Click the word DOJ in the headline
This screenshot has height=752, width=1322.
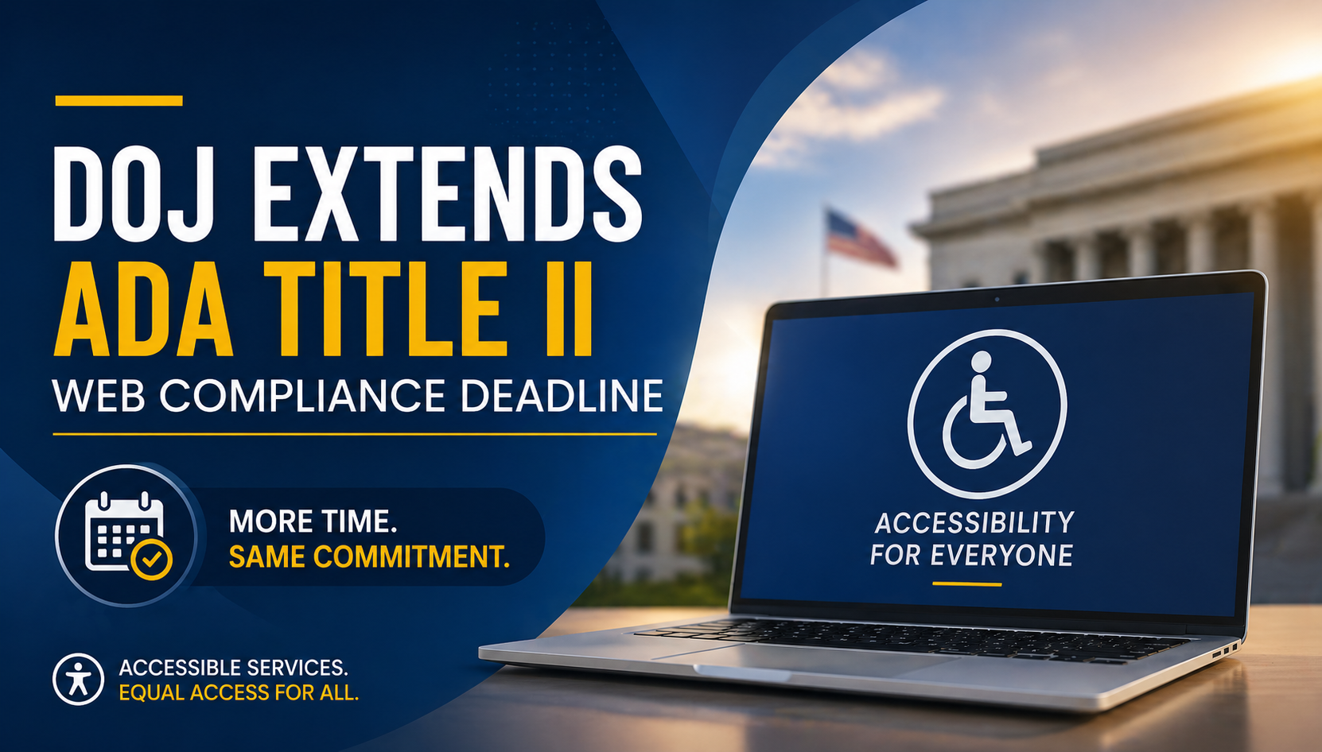134,193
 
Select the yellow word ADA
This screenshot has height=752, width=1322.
143,308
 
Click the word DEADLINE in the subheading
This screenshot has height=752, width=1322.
562,396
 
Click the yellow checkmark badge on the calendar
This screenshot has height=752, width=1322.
152,559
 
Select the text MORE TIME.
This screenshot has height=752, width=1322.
313,521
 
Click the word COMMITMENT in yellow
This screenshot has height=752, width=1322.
411,556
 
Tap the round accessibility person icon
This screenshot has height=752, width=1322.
79,680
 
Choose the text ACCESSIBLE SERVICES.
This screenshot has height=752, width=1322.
233,668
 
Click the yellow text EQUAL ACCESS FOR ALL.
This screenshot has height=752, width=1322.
239,692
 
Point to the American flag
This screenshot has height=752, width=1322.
861,238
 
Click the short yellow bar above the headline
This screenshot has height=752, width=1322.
119,101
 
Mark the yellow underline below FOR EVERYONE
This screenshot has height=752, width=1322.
966,584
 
